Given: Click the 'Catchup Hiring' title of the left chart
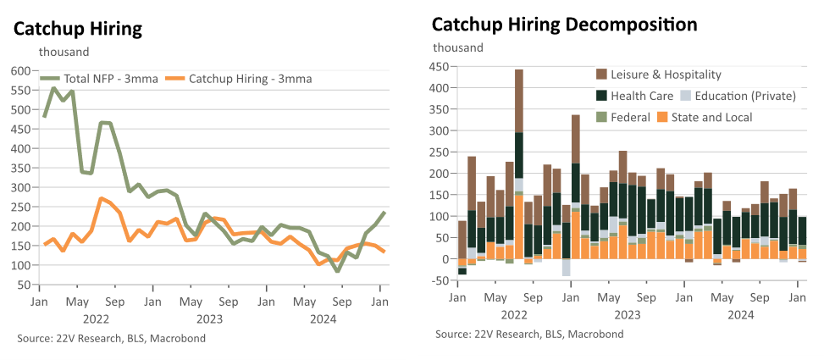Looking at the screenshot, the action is coord(78,30).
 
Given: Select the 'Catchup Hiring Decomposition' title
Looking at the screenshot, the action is coord(565,25).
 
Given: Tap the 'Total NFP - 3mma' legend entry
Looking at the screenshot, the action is coord(99,79).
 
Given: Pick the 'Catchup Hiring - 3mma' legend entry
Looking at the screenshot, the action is coord(238,79).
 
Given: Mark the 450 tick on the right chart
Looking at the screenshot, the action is coord(440,67).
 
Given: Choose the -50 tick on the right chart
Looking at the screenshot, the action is coord(440,280).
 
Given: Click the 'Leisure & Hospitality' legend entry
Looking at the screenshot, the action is coord(659,75).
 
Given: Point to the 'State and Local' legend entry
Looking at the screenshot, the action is coord(704,117).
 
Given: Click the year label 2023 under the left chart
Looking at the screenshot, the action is coord(209,319).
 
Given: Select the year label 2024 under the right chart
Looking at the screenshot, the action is coord(740,315).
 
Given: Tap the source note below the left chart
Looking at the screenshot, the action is coord(112,339).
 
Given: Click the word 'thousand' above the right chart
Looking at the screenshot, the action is coord(457,47).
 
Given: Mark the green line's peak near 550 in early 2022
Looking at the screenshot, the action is coord(53,88).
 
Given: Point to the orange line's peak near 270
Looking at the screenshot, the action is coord(101,199).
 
